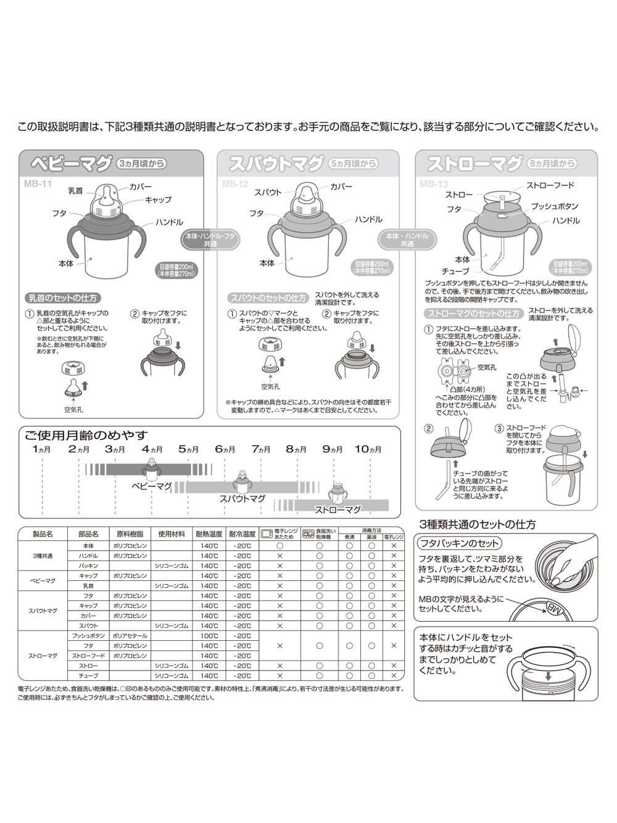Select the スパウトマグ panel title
click(x=275, y=164)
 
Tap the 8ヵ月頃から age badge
click(x=552, y=164)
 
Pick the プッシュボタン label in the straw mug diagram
click(x=554, y=206)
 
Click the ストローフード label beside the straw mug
click(x=550, y=185)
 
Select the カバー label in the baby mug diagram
click(x=140, y=186)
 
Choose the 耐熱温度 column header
click(x=209, y=534)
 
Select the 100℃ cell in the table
click(x=209, y=636)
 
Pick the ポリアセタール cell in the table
click(x=130, y=636)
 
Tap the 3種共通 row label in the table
click(x=43, y=556)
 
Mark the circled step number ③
click(x=499, y=428)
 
